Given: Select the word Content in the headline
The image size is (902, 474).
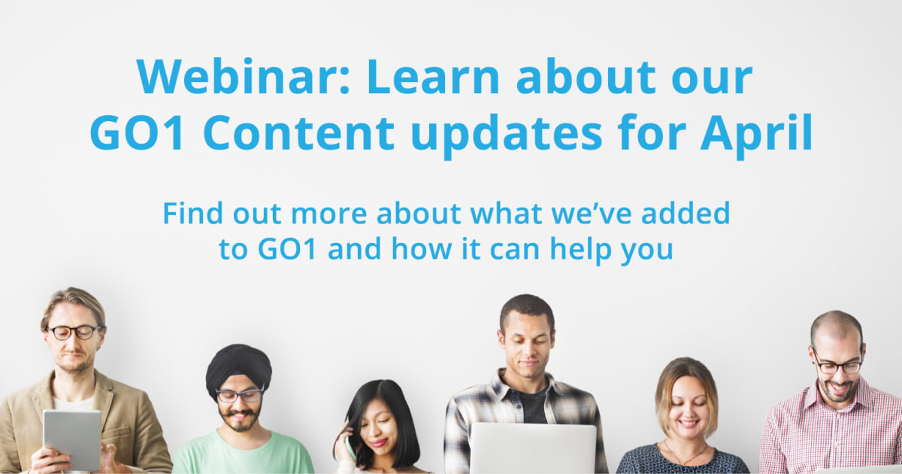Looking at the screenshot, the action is pyautogui.click(x=299, y=132).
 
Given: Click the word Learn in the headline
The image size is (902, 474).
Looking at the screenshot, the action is pyautogui.click(x=433, y=77).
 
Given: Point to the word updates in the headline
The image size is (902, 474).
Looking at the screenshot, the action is pyautogui.click(x=507, y=135).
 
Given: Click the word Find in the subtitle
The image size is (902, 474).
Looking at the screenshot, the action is pyautogui.click(x=192, y=213).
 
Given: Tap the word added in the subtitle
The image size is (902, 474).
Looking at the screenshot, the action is pyautogui.click(x=686, y=213).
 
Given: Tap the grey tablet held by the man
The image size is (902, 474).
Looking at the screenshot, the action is pyautogui.click(x=72, y=439).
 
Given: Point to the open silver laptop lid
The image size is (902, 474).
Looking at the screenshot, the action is pyautogui.click(x=533, y=448).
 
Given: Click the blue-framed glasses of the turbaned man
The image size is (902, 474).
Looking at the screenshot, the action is pyautogui.click(x=240, y=394).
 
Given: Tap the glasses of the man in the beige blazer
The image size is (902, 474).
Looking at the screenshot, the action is pyautogui.click(x=75, y=332).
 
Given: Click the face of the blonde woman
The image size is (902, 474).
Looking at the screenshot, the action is pyautogui.click(x=686, y=408).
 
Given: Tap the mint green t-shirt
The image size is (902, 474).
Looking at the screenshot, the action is pyautogui.click(x=244, y=453).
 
